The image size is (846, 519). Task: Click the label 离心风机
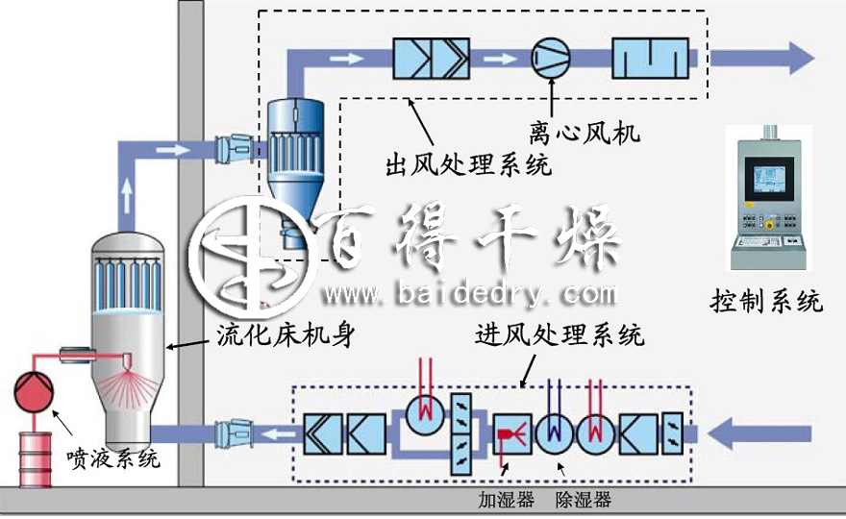pyautogui.click(x=584, y=129)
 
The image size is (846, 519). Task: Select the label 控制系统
pyautogui.click(x=766, y=302)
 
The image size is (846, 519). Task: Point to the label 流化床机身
pyautogui.click(x=273, y=335)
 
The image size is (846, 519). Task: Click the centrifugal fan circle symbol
pyautogui.click(x=552, y=57)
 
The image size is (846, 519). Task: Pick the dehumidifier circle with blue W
pyautogui.click(x=554, y=433)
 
